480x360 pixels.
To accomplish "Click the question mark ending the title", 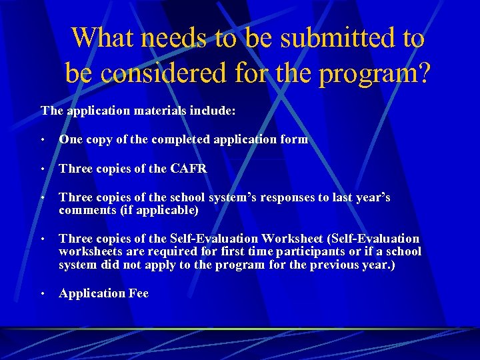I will coord(423,73).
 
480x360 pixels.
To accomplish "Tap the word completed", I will coord(181,139).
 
